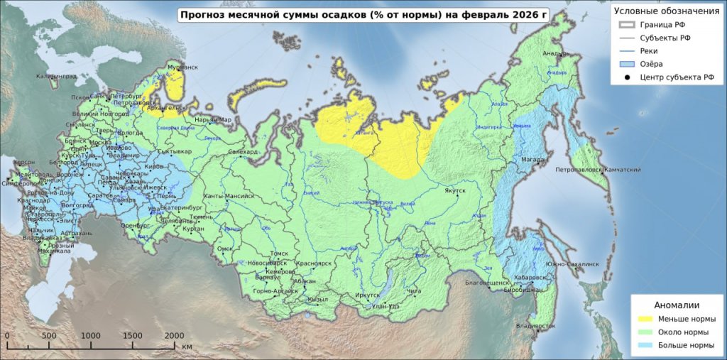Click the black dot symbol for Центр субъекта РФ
coord(627,77)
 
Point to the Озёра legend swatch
coord(627,64)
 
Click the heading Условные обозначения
coord(666,11)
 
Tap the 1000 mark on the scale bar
coord(90,336)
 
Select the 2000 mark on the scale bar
coord(174,336)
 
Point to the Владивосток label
coord(536,326)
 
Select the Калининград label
coord(56,76)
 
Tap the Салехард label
coord(244,151)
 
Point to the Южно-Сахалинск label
coord(572,263)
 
